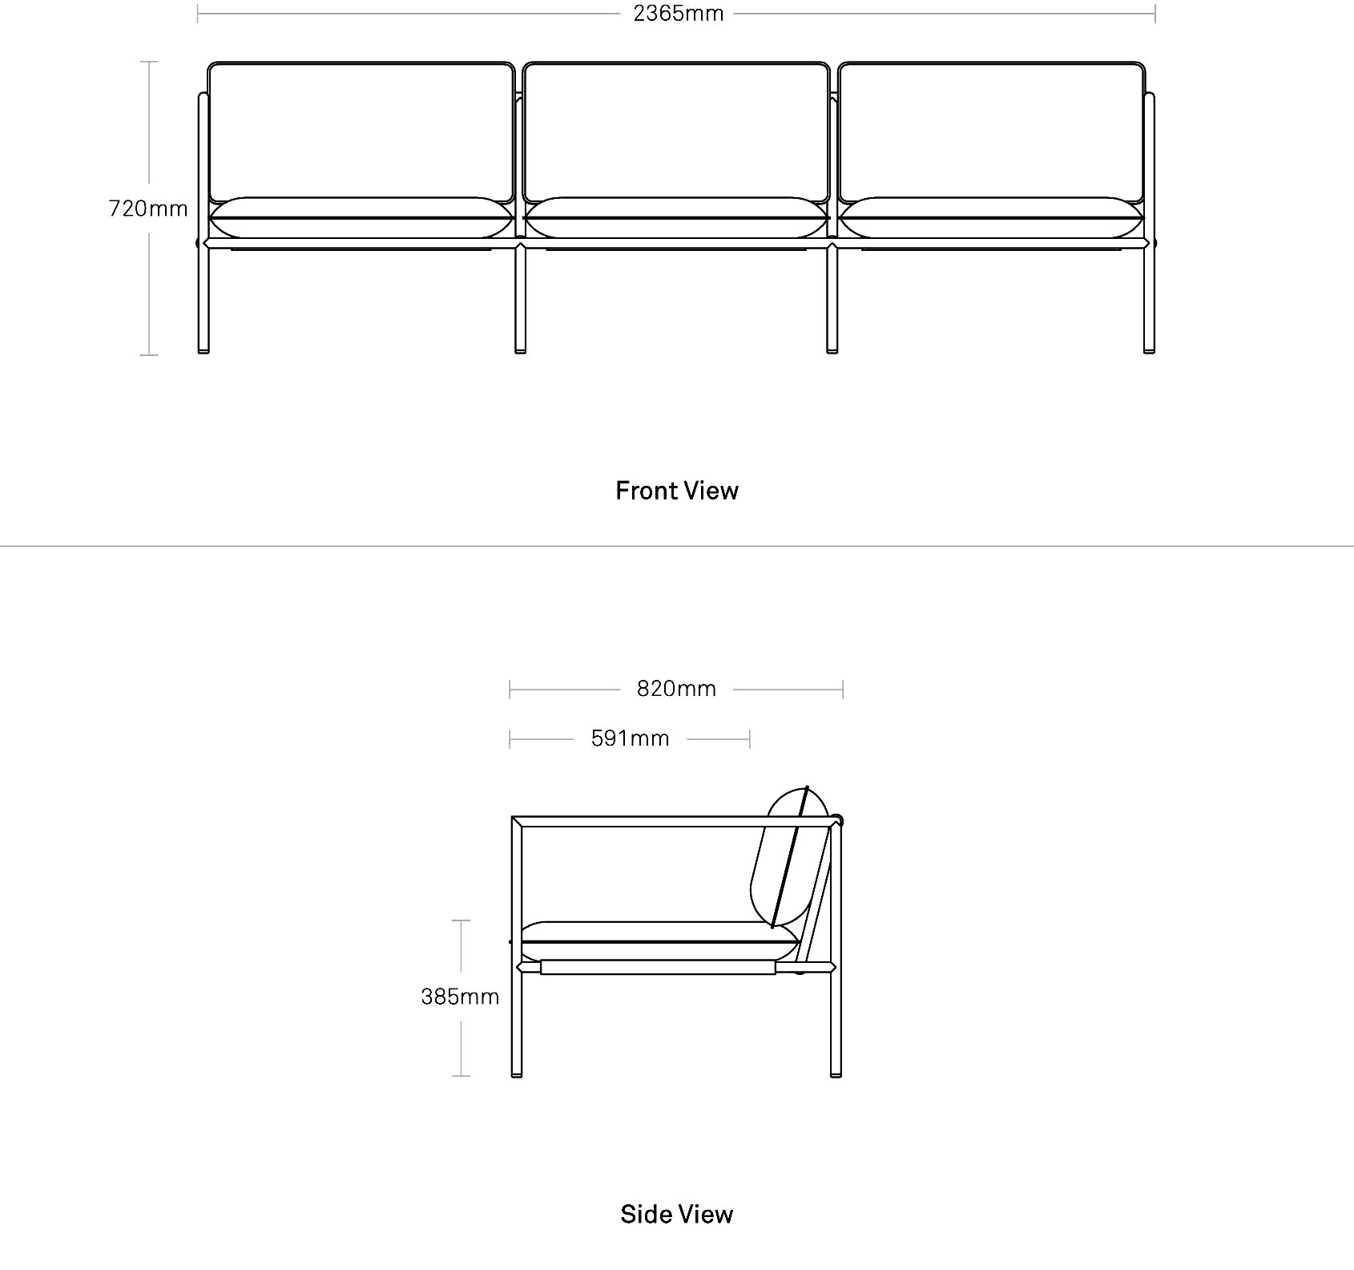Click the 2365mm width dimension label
(679, 14)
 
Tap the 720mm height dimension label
(148, 208)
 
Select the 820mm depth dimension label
(676, 689)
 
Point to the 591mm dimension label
(630, 738)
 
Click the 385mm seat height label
(460, 997)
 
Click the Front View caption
(677, 491)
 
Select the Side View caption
(677, 1214)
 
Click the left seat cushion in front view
(361, 217)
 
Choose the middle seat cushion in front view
(676, 217)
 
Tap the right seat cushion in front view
(992, 217)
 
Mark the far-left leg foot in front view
(204, 350)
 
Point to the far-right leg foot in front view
(1149, 350)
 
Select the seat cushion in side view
(660, 941)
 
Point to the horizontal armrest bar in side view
(677, 822)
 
